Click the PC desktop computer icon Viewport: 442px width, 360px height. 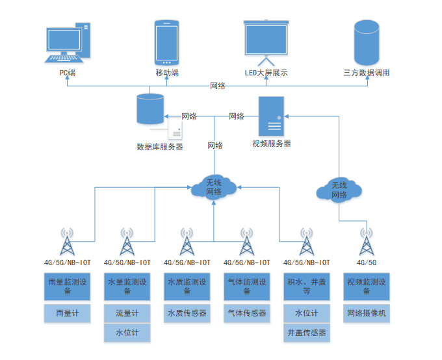68,43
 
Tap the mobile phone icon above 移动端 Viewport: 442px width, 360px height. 166,42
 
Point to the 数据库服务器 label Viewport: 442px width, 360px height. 159,147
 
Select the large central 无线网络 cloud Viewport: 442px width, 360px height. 214,186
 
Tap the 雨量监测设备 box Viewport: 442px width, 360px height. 66,287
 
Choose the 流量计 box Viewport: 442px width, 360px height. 127,313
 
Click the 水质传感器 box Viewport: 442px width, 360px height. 187,313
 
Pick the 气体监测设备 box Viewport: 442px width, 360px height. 246,287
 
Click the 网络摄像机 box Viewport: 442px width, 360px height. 366,313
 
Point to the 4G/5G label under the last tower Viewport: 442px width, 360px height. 367,263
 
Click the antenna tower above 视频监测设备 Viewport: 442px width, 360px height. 367,242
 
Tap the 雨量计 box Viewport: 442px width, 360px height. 66,313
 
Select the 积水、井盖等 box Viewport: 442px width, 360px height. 306,287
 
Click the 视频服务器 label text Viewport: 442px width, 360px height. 272,144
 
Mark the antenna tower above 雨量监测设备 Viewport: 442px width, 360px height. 66,242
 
